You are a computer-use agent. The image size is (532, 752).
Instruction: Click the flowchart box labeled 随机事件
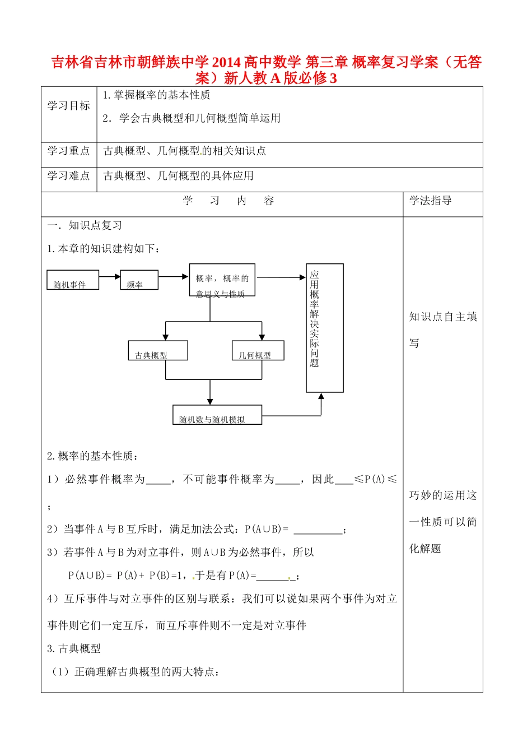(x=73, y=280)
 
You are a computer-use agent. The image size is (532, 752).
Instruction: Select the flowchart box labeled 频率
(x=139, y=280)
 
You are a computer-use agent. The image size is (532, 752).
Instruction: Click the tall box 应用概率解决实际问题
(x=324, y=328)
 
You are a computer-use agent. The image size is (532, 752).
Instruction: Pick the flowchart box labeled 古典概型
(x=157, y=351)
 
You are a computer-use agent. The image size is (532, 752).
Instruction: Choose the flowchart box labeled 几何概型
(x=258, y=351)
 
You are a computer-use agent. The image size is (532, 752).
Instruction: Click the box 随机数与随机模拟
(x=217, y=415)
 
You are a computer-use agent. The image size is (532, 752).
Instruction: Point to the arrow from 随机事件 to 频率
(x=110, y=276)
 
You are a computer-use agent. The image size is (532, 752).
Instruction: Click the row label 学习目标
(x=68, y=106)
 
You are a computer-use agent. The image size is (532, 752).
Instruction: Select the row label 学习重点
(x=68, y=151)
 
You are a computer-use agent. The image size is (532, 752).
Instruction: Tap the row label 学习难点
(x=68, y=176)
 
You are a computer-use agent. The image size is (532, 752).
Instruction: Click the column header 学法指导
(x=430, y=201)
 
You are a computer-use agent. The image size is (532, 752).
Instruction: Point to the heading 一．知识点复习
(x=85, y=225)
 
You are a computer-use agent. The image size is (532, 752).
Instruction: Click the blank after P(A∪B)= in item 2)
(x=318, y=530)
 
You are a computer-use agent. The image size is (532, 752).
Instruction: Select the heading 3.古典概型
(x=74, y=648)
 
